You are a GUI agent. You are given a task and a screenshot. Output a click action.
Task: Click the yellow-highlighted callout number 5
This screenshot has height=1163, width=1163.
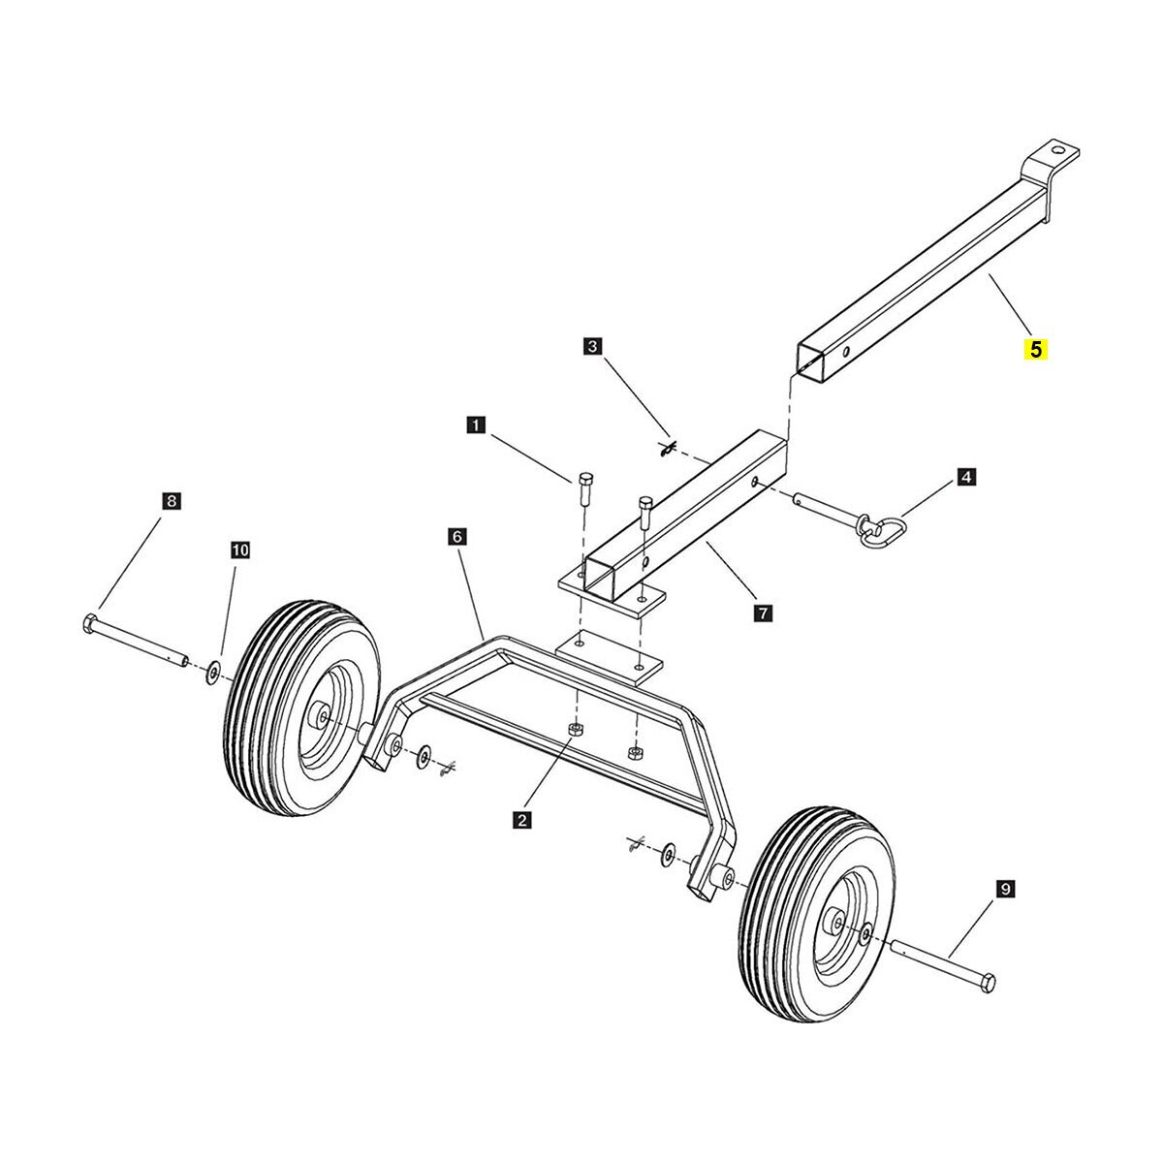tap(1037, 349)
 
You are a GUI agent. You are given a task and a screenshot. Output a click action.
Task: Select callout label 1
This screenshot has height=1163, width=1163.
tap(475, 424)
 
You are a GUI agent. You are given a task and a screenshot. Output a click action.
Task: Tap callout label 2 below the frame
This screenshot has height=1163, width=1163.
tap(522, 820)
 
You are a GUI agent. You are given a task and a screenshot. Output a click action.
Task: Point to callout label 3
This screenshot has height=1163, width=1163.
tap(593, 345)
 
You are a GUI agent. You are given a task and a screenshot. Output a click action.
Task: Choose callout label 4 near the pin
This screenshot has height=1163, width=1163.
tap(965, 476)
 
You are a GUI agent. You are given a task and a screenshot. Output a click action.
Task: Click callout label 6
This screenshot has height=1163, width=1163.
tap(457, 535)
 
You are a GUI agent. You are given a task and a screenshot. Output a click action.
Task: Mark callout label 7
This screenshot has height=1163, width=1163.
tap(763, 613)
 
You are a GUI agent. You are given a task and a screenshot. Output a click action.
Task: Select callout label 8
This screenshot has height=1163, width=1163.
tap(171, 501)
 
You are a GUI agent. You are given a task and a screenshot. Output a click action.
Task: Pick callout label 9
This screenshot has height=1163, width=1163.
tap(1004, 888)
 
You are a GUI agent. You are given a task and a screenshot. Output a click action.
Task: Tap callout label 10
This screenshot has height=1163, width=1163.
tap(239, 550)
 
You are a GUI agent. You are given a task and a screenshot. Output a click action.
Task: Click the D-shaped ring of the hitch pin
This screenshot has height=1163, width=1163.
tap(883, 532)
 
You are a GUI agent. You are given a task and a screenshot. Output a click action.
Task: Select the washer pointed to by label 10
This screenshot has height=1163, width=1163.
tap(211, 672)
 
